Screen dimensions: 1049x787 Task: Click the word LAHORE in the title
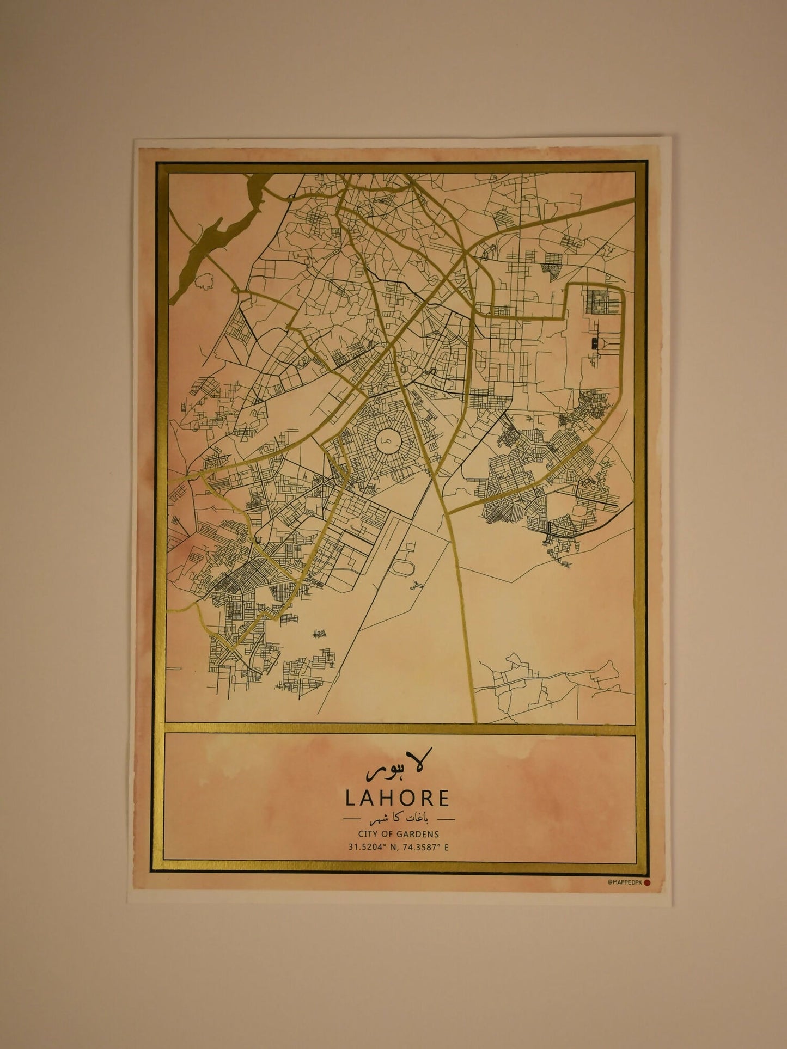[x=398, y=798]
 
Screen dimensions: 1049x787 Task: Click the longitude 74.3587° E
[x=425, y=847]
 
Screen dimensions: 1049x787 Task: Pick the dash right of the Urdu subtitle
[x=446, y=818]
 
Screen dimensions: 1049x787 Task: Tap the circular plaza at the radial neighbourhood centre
[x=387, y=436]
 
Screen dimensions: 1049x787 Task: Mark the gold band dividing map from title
[x=400, y=728]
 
